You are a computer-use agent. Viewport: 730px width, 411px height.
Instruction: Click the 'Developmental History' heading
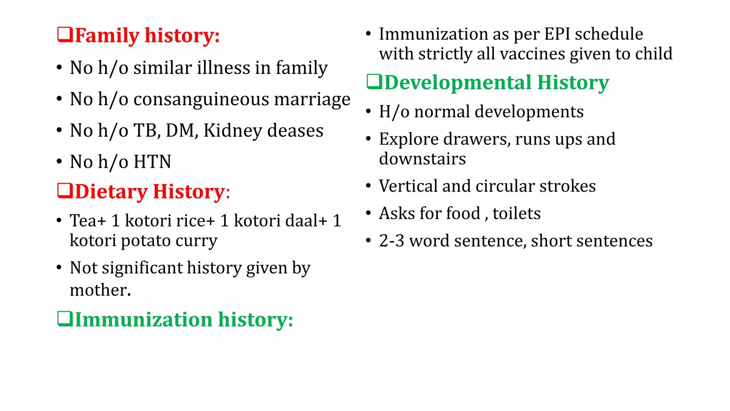coord(497,82)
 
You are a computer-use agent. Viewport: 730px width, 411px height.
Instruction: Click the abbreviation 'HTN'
coord(153,162)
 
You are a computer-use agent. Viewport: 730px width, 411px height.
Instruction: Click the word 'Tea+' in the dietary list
coord(88,221)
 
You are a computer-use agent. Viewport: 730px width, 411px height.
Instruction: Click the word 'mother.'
coord(100,290)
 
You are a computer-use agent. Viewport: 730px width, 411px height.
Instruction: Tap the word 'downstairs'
coord(422,159)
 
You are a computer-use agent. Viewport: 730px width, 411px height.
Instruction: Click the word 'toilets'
coord(516,214)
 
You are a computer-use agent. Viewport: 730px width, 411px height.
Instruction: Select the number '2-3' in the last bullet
coord(391,241)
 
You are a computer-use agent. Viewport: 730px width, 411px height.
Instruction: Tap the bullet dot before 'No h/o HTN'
coord(60,162)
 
